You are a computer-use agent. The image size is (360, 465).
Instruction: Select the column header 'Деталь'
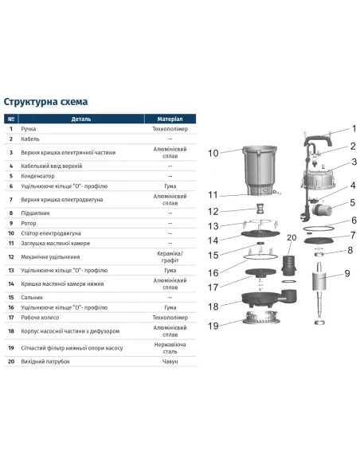(x=81, y=117)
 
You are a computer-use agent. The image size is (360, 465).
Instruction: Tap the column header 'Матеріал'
(x=170, y=117)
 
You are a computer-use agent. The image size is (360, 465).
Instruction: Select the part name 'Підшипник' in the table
(x=43, y=213)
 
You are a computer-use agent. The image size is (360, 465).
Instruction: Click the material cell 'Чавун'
(x=170, y=361)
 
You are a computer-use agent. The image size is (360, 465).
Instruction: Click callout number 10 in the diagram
(x=213, y=152)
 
